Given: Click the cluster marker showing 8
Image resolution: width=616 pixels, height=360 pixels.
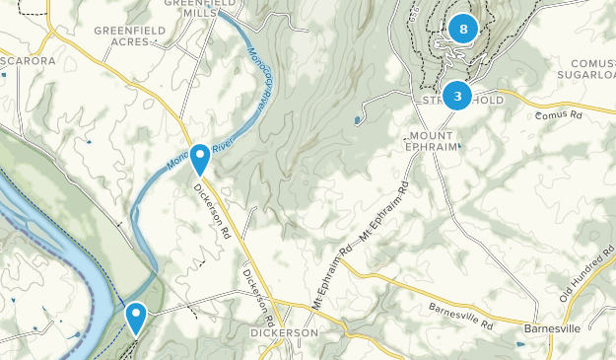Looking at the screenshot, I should pos(462,29).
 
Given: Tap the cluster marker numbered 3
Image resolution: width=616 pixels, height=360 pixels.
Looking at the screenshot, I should pos(457,96).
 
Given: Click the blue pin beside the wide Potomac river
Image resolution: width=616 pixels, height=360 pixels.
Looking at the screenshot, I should pos(135,317).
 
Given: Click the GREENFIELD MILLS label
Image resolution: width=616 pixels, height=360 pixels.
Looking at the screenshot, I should pos(185,9).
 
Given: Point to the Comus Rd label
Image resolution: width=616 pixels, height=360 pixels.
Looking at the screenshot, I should pos(560,115).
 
